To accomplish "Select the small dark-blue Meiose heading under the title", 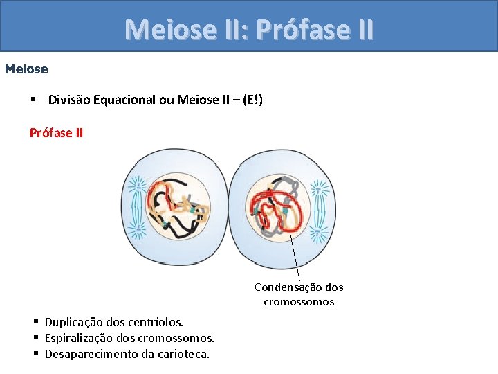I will pos(26,69).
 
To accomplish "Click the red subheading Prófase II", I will pos(56,132).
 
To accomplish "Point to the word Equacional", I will pos(122,100).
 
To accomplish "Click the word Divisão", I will pos(68,100).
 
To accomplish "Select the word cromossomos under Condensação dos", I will pos(299,302).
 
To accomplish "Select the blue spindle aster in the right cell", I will pos(320,208).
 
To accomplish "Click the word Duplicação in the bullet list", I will pos(73,322).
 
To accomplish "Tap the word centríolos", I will pos(159,322).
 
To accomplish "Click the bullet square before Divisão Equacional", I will pos(33,100).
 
